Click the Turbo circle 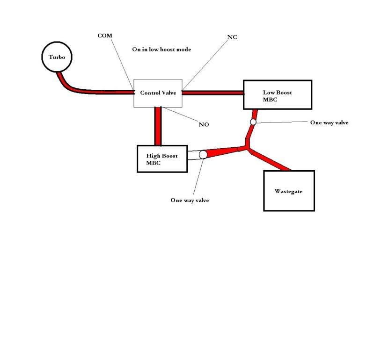(58, 57)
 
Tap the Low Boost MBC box (277, 95)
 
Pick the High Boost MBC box (161, 158)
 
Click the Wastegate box (289, 190)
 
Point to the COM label (105, 36)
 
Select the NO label (204, 124)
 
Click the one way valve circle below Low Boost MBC (253, 122)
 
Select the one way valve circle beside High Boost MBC (203, 155)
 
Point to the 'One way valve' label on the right (329, 122)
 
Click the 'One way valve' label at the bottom (190, 200)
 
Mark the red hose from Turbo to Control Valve (94, 91)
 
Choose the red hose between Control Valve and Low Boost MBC (213, 93)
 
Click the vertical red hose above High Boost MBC (158, 126)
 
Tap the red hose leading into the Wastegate (271, 162)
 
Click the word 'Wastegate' (289, 192)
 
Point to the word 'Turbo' (58, 57)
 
